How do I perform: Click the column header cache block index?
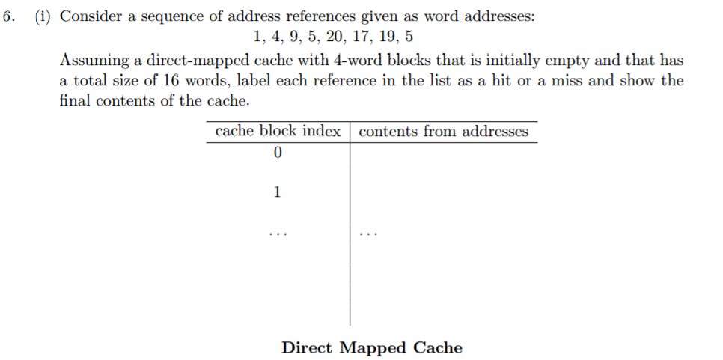[x=277, y=132]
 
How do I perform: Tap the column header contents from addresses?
[x=443, y=132]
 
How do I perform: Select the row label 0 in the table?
[x=277, y=153]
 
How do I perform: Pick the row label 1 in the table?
[x=277, y=192]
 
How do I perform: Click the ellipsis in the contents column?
[x=368, y=234]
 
